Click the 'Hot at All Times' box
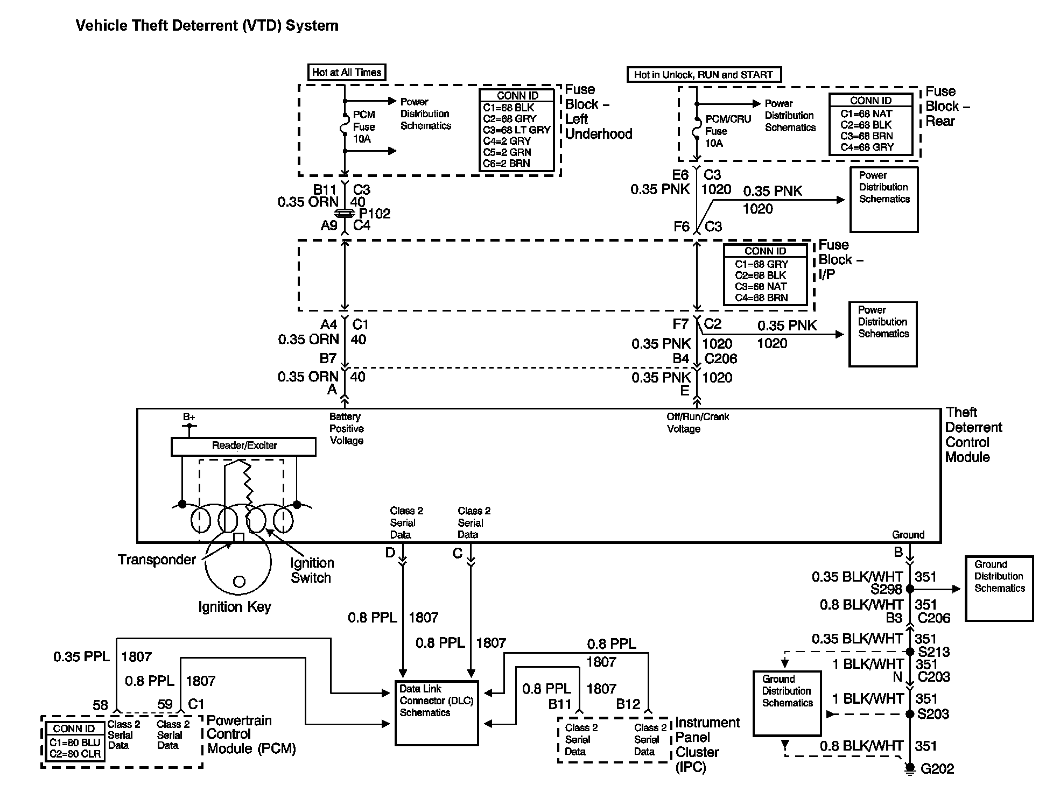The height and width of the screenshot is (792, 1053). pos(347,72)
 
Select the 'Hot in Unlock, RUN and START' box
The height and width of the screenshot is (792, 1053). pos(703,75)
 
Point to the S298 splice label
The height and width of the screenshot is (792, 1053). pos(886,590)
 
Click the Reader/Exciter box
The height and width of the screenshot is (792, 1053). pos(243,446)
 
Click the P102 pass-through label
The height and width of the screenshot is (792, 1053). pos(374,214)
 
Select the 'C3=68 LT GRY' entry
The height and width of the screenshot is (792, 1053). pos(516,130)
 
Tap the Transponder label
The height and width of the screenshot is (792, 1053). pos(157,560)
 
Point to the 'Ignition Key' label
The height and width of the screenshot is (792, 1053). pos(235,607)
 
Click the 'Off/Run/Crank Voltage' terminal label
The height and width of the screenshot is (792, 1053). pos(697,423)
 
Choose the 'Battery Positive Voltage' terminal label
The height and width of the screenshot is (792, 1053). pos(346,429)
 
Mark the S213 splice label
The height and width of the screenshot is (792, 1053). pos(933,652)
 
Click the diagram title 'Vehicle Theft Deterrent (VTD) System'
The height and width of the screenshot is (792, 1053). pos(207,26)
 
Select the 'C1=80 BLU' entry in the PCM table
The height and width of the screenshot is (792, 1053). pos(75,742)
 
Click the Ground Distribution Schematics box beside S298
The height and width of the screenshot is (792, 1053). pos(999,589)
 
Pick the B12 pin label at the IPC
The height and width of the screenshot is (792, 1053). pos(628,704)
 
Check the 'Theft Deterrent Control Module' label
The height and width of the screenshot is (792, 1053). pos(973,435)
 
